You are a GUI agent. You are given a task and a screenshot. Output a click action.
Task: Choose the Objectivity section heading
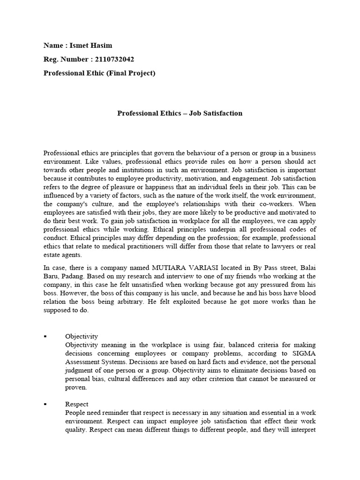[82, 337]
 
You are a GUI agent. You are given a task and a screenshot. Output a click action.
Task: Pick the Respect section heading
[76, 404]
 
